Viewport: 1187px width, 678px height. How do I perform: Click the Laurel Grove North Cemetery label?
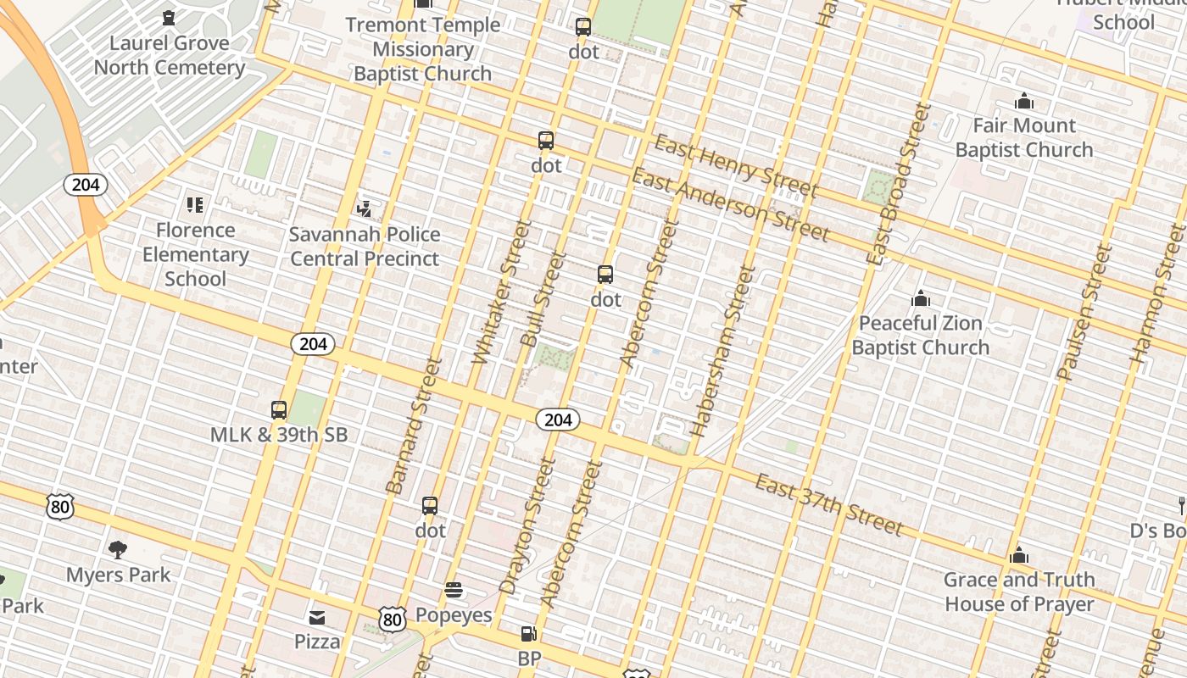(x=170, y=55)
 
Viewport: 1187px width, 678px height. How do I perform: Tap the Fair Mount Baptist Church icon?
(x=1024, y=102)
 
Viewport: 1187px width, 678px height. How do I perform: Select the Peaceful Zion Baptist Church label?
(x=920, y=336)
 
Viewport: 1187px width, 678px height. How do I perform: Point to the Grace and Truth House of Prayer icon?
(x=1019, y=556)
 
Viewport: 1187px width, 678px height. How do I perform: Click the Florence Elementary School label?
(x=195, y=254)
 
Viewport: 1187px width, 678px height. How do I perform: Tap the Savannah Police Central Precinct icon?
(x=365, y=208)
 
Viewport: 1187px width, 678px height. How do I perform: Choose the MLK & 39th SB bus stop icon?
(x=279, y=410)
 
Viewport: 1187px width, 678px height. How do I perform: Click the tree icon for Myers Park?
(x=118, y=550)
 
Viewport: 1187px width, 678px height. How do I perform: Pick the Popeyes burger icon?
(x=454, y=590)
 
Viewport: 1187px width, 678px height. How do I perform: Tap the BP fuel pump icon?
(x=528, y=633)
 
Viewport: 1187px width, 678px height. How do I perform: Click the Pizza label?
(x=317, y=642)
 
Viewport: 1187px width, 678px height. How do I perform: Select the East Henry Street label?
(x=736, y=167)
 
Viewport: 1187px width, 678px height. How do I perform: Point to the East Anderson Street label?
(x=730, y=204)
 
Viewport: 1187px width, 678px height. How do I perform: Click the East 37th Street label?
(x=828, y=506)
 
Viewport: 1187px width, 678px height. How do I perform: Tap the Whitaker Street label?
(x=502, y=292)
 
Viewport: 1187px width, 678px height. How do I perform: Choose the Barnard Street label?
(x=415, y=425)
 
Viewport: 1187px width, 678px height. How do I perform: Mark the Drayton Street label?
(x=527, y=525)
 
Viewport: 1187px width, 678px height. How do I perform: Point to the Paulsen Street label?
(x=1084, y=311)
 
